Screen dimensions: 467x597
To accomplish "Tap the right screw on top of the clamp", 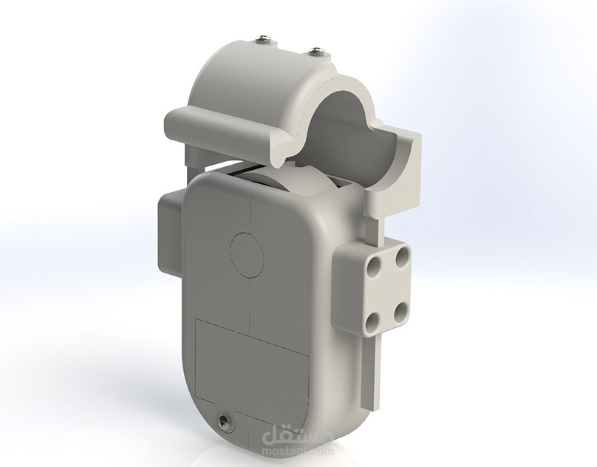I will tap(316, 51).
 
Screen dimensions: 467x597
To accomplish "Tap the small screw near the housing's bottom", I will tap(222, 421).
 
